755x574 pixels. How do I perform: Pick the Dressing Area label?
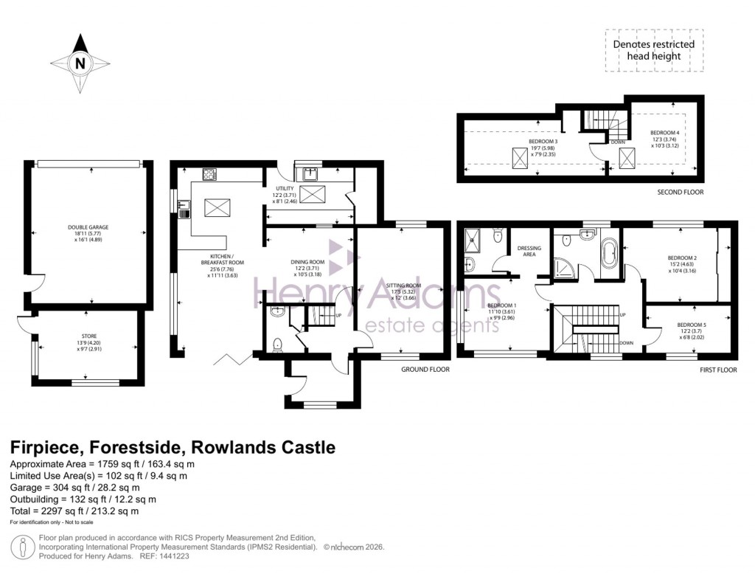pos(529,249)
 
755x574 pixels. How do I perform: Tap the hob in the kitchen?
pos(209,175)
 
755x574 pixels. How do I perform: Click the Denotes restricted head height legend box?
pos(654,50)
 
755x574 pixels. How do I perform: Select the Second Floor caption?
pos(679,192)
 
